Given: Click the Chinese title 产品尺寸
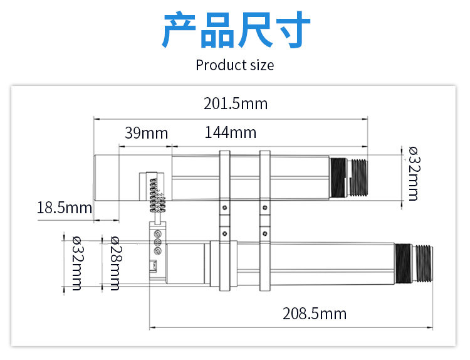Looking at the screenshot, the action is tap(236, 30).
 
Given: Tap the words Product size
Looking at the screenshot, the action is tap(234, 65).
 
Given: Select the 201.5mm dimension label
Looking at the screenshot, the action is tap(235, 103).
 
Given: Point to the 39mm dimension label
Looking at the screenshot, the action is tap(146, 133).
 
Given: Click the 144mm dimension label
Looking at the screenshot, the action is tap(230, 132).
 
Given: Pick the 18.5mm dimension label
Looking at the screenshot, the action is tap(65, 208).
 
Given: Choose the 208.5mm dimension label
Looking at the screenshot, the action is tap(314, 314).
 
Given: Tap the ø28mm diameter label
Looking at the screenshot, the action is tap(115, 263).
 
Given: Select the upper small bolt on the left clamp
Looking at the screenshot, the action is tap(224, 207).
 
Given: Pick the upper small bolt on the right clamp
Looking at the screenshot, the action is tap(264, 207).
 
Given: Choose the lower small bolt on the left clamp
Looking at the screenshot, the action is tap(224, 233).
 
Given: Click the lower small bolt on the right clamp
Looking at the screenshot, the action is tap(264, 233).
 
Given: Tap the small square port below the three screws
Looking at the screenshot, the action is tap(154, 267).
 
